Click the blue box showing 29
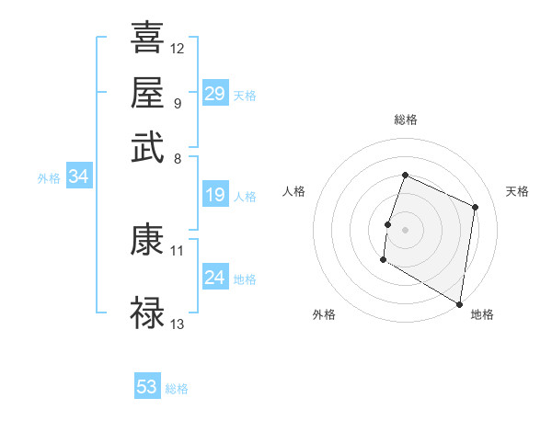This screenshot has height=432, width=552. [x=214, y=94]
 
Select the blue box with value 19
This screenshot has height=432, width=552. [x=214, y=195]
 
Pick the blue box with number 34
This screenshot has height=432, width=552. [x=78, y=177]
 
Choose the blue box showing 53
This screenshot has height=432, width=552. [x=147, y=387]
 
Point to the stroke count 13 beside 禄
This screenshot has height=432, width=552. [x=178, y=324]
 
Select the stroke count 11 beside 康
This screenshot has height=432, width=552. [x=178, y=250]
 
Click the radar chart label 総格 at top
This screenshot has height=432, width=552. [x=405, y=119]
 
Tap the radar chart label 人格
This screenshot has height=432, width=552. [x=294, y=191]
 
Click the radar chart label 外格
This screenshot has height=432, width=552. [x=324, y=314]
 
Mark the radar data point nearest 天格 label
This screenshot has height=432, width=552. [x=476, y=207]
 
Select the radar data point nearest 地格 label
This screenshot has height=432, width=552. [x=460, y=303]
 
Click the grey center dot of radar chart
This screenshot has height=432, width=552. [x=405, y=227]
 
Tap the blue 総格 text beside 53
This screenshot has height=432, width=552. [x=177, y=389]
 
